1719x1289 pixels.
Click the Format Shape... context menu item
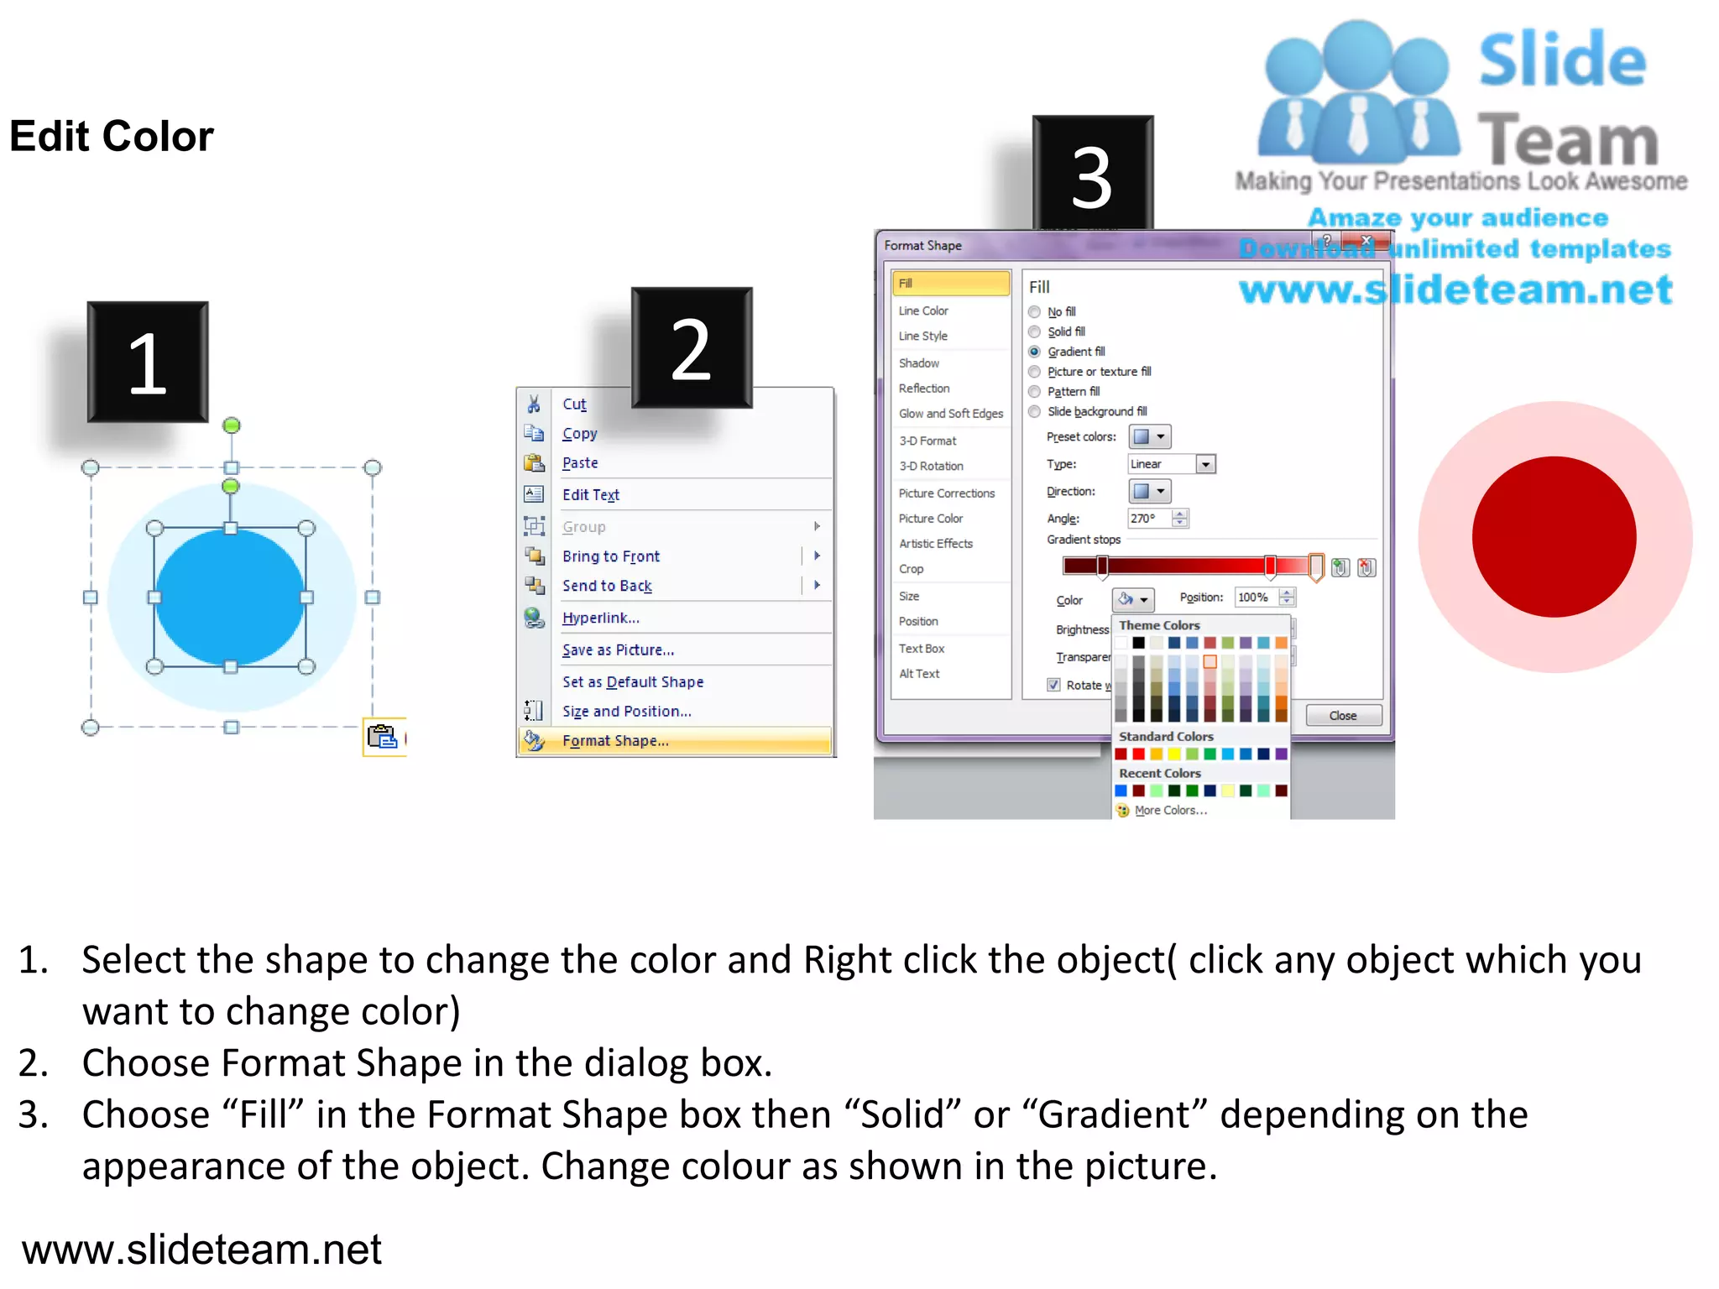[x=615, y=741]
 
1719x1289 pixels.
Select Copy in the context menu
[x=579, y=434]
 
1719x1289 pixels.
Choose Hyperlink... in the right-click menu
[x=600, y=618]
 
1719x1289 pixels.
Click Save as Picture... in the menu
[x=618, y=650]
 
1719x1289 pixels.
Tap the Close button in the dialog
[x=1342, y=716]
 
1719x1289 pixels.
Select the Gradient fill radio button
[x=1035, y=352]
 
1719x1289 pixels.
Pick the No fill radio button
[x=1035, y=312]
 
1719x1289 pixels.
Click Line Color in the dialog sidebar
[x=923, y=311]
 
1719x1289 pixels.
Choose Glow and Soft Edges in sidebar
[x=950, y=414]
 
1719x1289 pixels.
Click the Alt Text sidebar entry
[x=919, y=674]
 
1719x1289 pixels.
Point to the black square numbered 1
[x=148, y=362]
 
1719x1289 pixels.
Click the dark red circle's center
[x=1554, y=537]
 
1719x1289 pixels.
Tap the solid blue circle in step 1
[x=230, y=598]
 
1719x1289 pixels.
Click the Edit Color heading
[x=112, y=136]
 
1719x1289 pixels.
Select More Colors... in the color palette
[x=1170, y=811]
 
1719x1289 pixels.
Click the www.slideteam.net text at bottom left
[x=201, y=1250]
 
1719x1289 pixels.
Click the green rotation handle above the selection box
[x=232, y=425]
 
